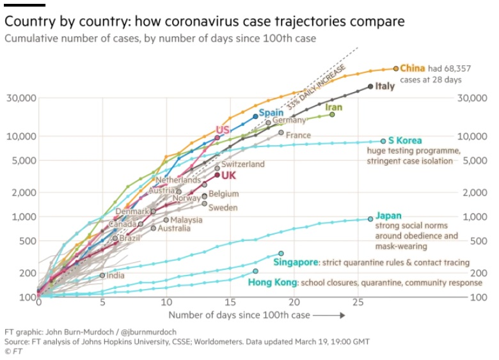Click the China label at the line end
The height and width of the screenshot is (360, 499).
tap(413, 68)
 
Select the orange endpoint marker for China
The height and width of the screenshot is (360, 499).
tap(396, 68)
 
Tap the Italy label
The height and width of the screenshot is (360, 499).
tap(384, 86)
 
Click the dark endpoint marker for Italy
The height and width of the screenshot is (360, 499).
tap(370, 86)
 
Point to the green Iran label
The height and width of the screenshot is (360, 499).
tap(333, 107)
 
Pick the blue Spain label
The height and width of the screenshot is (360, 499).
tap(271, 113)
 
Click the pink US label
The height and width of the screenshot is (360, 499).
tap(223, 130)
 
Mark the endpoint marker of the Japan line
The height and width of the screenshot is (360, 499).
tap(370, 219)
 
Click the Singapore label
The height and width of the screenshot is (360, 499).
tap(296, 262)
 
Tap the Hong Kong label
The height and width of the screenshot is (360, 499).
tap(272, 282)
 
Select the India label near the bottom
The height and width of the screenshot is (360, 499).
tap(115, 276)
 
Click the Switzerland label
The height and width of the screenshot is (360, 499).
tap(242, 164)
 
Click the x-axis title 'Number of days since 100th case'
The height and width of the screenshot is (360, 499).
tap(239, 315)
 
